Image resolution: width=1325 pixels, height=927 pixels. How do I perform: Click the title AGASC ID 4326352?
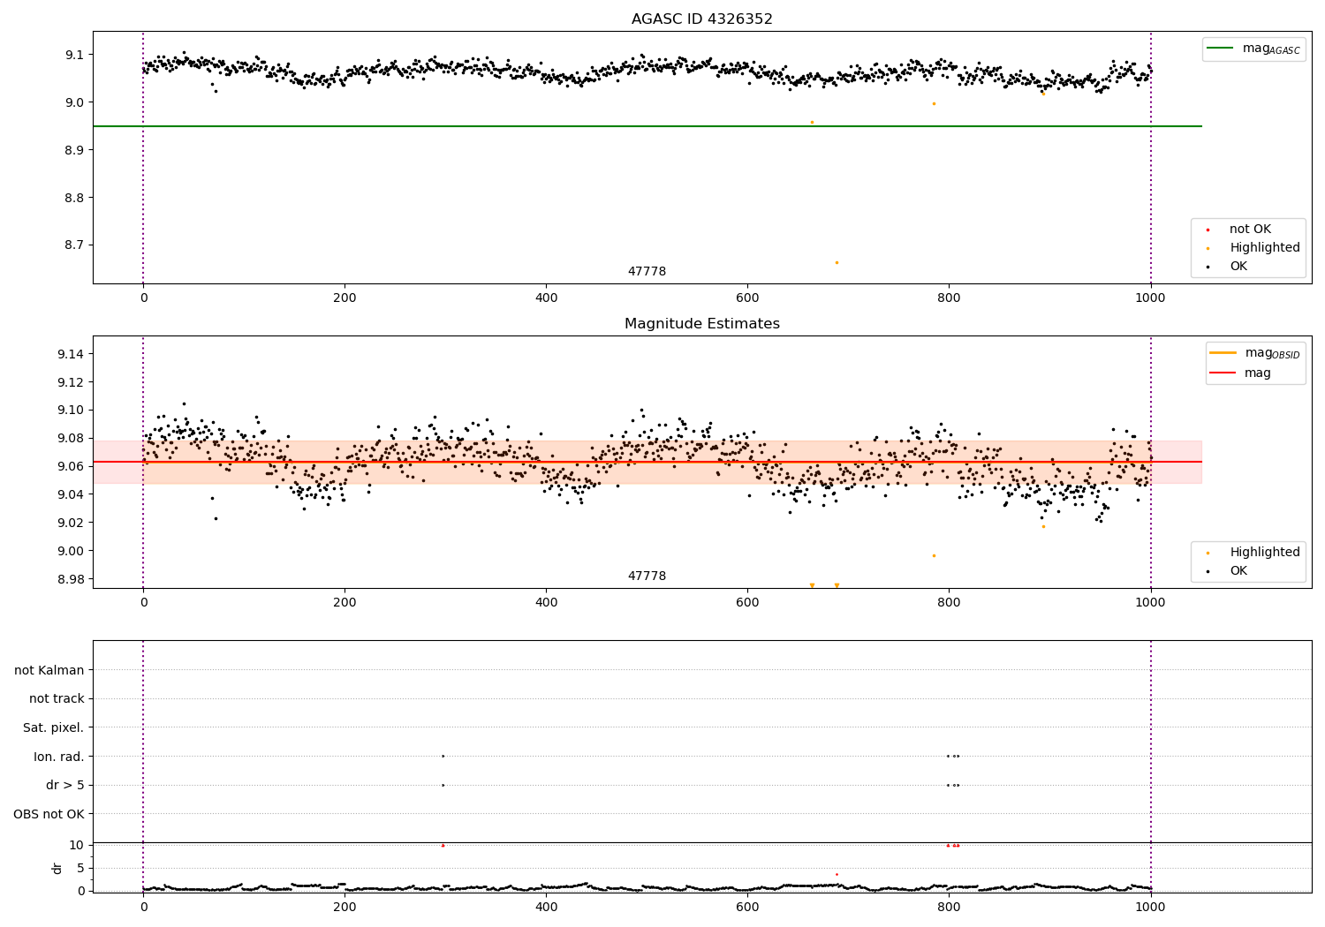point(701,19)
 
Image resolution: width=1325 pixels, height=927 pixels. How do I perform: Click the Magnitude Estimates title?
point(701,324)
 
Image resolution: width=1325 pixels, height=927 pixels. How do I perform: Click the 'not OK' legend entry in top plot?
point(1250,230)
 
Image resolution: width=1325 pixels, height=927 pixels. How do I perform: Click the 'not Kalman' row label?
point(49,670)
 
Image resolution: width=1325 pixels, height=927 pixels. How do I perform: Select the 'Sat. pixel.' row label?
point(53,727)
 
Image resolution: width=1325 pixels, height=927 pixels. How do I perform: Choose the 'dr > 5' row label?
point(64,785)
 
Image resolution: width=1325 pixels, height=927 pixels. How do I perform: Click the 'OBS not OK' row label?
point(49,814)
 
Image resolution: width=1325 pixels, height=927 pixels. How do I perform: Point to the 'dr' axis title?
point(57,868)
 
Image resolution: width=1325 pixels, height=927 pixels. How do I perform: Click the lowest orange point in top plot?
point(837,262)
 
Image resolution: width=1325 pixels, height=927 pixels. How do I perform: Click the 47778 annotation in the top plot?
point(647,272)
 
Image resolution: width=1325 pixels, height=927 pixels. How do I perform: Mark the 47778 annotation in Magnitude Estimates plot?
point(647,577)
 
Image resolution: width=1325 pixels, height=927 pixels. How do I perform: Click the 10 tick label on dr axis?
point(76,845)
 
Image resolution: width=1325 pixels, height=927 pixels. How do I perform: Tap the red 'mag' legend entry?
point(1257,373)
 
